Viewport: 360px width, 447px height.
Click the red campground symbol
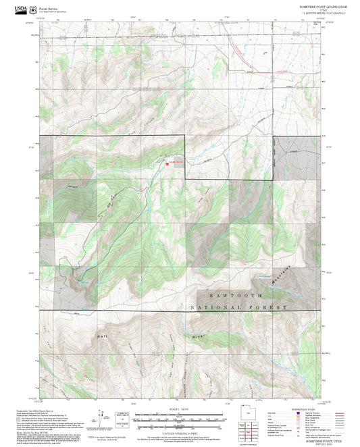pyautogui.click(x=168, y=162)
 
